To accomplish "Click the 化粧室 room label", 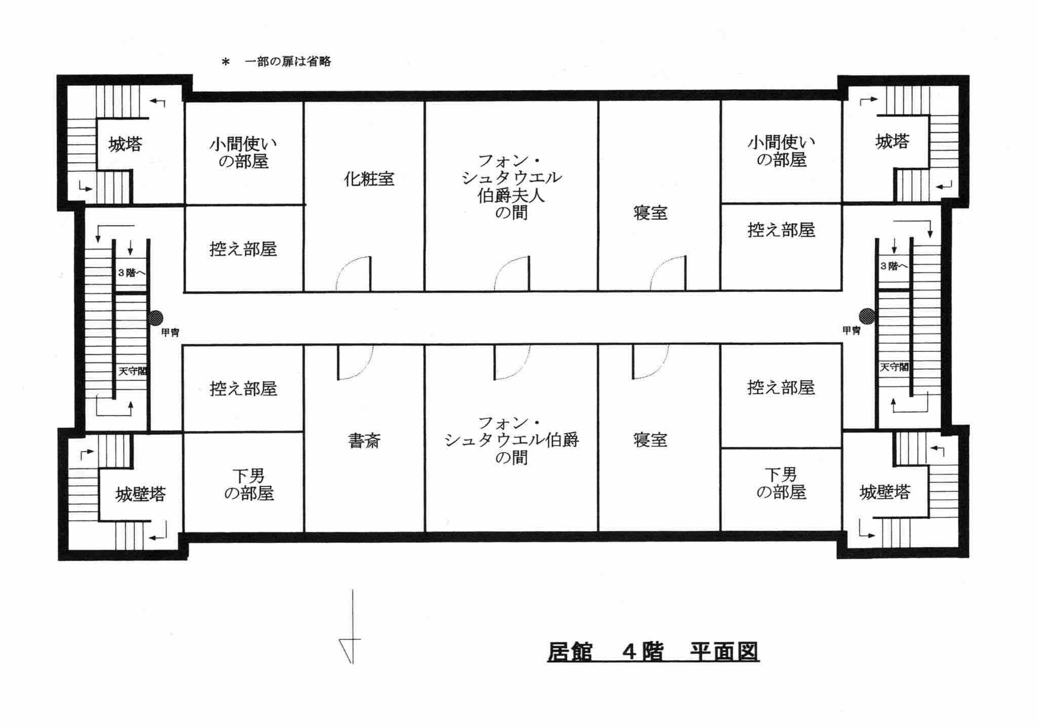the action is coord(369,179).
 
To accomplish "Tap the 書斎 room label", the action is coord(364,441).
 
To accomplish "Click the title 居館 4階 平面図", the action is coord(653,651).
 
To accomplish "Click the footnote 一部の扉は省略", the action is coord(287,62).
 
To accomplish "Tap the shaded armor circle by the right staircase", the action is coord(867,316).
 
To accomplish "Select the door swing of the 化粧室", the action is coord(354,274).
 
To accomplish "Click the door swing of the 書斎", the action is coord(355,362).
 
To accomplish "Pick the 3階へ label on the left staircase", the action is coord(132,273).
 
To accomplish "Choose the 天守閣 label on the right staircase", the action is coord(894,367).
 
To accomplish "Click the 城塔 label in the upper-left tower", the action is coord(125,144).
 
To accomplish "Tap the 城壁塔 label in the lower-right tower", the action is coord(885,492).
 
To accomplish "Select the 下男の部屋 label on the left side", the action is coord(248,484).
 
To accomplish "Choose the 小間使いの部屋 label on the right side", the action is coord(781,151).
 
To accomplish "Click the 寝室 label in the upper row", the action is coord(650,213).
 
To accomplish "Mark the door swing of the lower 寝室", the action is coord(649,362).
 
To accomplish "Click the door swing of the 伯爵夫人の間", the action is coord(512,274).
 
